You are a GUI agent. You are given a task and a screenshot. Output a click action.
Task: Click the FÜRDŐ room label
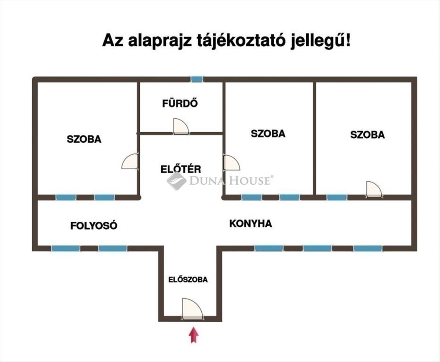[x=180, y=104]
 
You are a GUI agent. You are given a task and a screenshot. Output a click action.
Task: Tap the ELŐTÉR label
[x=181, y=169]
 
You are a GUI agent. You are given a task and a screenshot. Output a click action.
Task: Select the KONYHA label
[x=250, y=224]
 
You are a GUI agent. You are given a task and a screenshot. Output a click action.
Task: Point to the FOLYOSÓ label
[x=94, y=226]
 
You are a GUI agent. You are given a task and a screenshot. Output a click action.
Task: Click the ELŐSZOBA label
[x=188, y=280]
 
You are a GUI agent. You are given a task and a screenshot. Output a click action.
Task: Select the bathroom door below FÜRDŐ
[x=181, y=126]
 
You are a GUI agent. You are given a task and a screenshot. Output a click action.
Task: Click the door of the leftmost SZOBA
[x=131, y=162]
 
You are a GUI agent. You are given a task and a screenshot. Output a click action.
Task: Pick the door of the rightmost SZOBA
[x=374, y=189]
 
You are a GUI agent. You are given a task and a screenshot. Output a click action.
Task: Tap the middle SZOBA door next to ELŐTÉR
[x=231, y=163]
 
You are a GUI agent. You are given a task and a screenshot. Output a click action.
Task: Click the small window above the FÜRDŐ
[x=197, y=79]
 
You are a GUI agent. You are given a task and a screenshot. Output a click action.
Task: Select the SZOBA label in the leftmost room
[x=84, y=139]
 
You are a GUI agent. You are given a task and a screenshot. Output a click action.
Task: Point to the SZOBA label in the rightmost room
[x=367, y=135]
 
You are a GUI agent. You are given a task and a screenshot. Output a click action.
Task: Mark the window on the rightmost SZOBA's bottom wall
[x=337, y=197]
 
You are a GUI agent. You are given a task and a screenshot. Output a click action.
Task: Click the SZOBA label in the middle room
[x=268, y=134]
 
